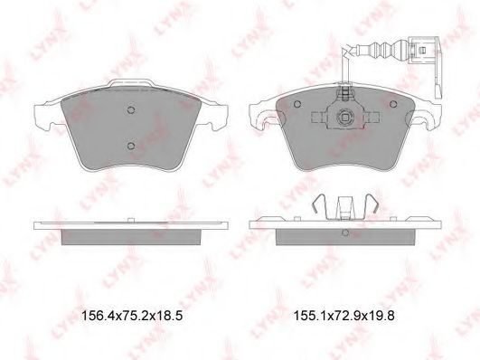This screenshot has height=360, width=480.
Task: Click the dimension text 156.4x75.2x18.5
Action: point(132,316)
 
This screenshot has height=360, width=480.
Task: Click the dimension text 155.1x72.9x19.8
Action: point(344,316)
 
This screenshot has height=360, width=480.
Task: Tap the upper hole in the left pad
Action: point(131,109)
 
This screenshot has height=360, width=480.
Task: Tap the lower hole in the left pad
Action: point(131,146)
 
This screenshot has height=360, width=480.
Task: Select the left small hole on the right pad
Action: point(296,104)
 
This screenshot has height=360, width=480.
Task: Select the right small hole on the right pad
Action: point(393,104)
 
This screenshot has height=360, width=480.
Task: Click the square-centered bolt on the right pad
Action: point(345,117)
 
